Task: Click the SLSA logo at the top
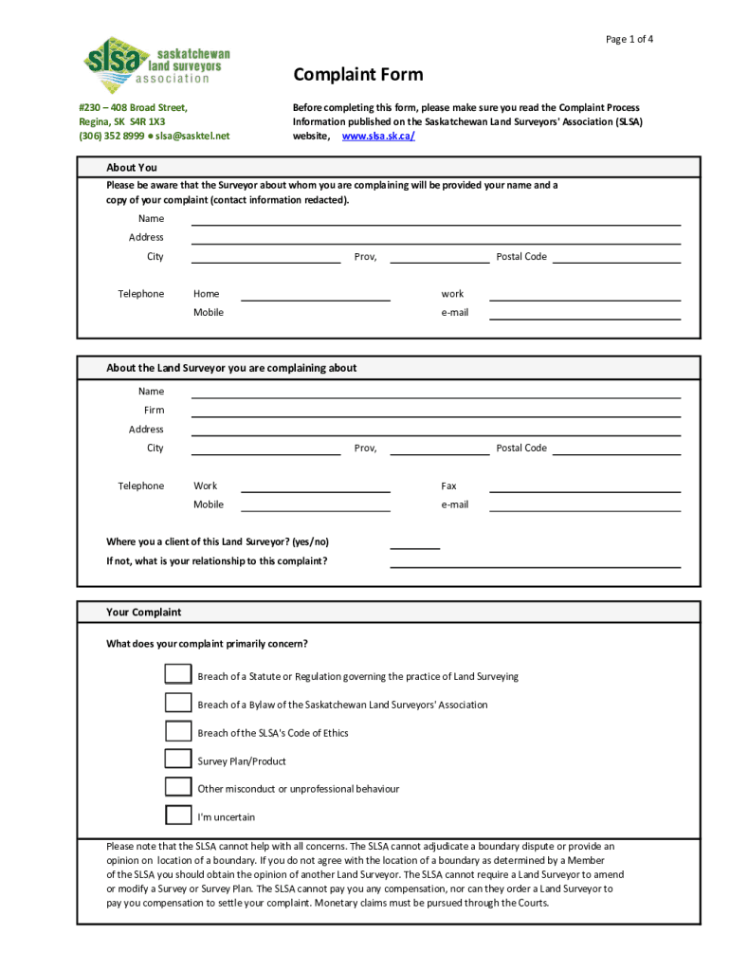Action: point(156,60)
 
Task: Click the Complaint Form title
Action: point(358,75)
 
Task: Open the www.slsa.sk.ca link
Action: point(378,137)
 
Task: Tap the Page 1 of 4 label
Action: point(630,39)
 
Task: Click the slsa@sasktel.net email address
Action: point(192,136)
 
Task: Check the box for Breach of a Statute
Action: point(178,674)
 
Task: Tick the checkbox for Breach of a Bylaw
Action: point(178,703)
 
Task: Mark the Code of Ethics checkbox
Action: point(178,731)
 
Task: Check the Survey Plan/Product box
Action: point(178,759)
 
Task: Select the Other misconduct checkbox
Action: point(178,787)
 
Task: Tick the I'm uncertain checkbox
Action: point(178,815)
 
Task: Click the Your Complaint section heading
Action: point(144,613)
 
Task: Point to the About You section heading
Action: point(132,168)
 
